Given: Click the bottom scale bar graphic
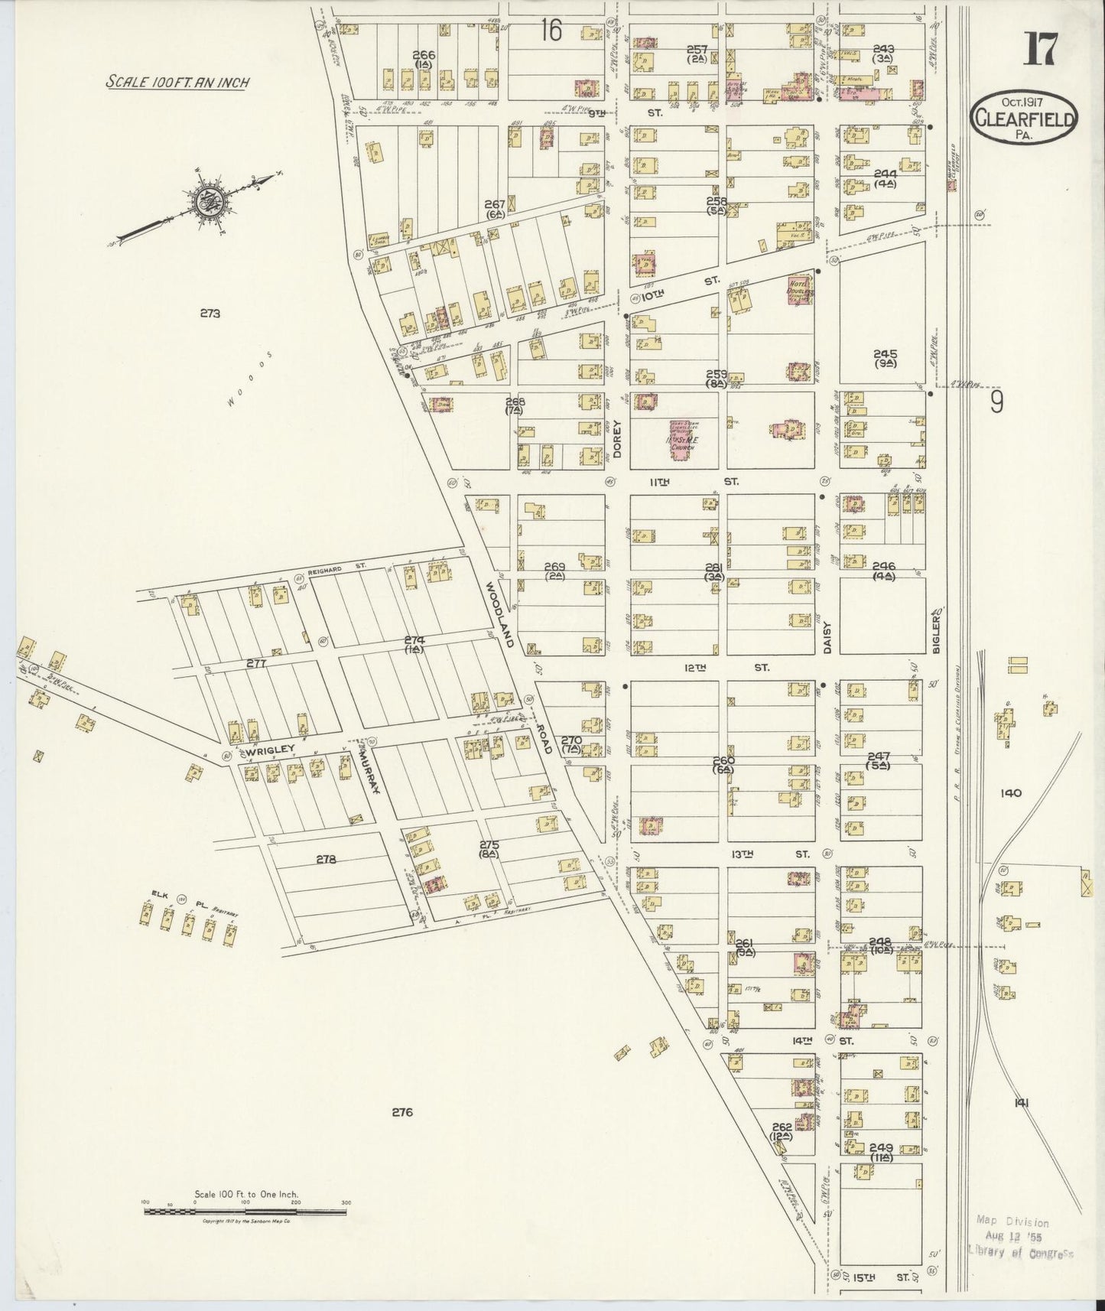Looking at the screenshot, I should pos(246,1210).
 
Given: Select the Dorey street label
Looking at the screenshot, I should pos(617,438).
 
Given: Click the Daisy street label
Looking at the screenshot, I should pos(827,636).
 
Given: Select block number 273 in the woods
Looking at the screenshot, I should pos(210,313).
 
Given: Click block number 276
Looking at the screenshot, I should pos(402,1112).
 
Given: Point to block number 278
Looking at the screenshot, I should pos(326,860).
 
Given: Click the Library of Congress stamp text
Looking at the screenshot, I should pos(1021,1253).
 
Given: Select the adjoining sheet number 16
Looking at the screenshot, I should pos(550,31).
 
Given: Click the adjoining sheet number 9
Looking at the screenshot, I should pos(996,402).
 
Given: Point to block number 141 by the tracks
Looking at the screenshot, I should pos(1021,1102).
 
